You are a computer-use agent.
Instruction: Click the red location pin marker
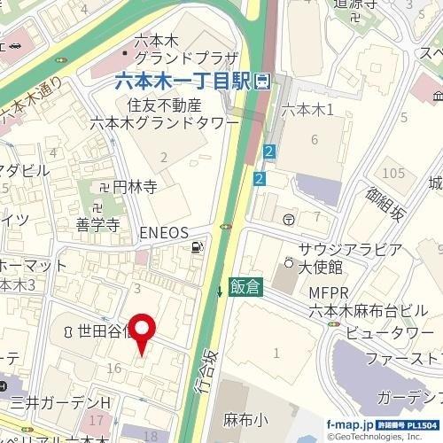(143, 330)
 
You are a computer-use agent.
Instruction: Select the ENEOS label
(165, 232)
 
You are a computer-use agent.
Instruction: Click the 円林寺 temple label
(133, 188)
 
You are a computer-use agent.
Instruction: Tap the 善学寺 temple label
(97, 225)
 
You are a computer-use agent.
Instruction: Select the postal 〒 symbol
(289, 219)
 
